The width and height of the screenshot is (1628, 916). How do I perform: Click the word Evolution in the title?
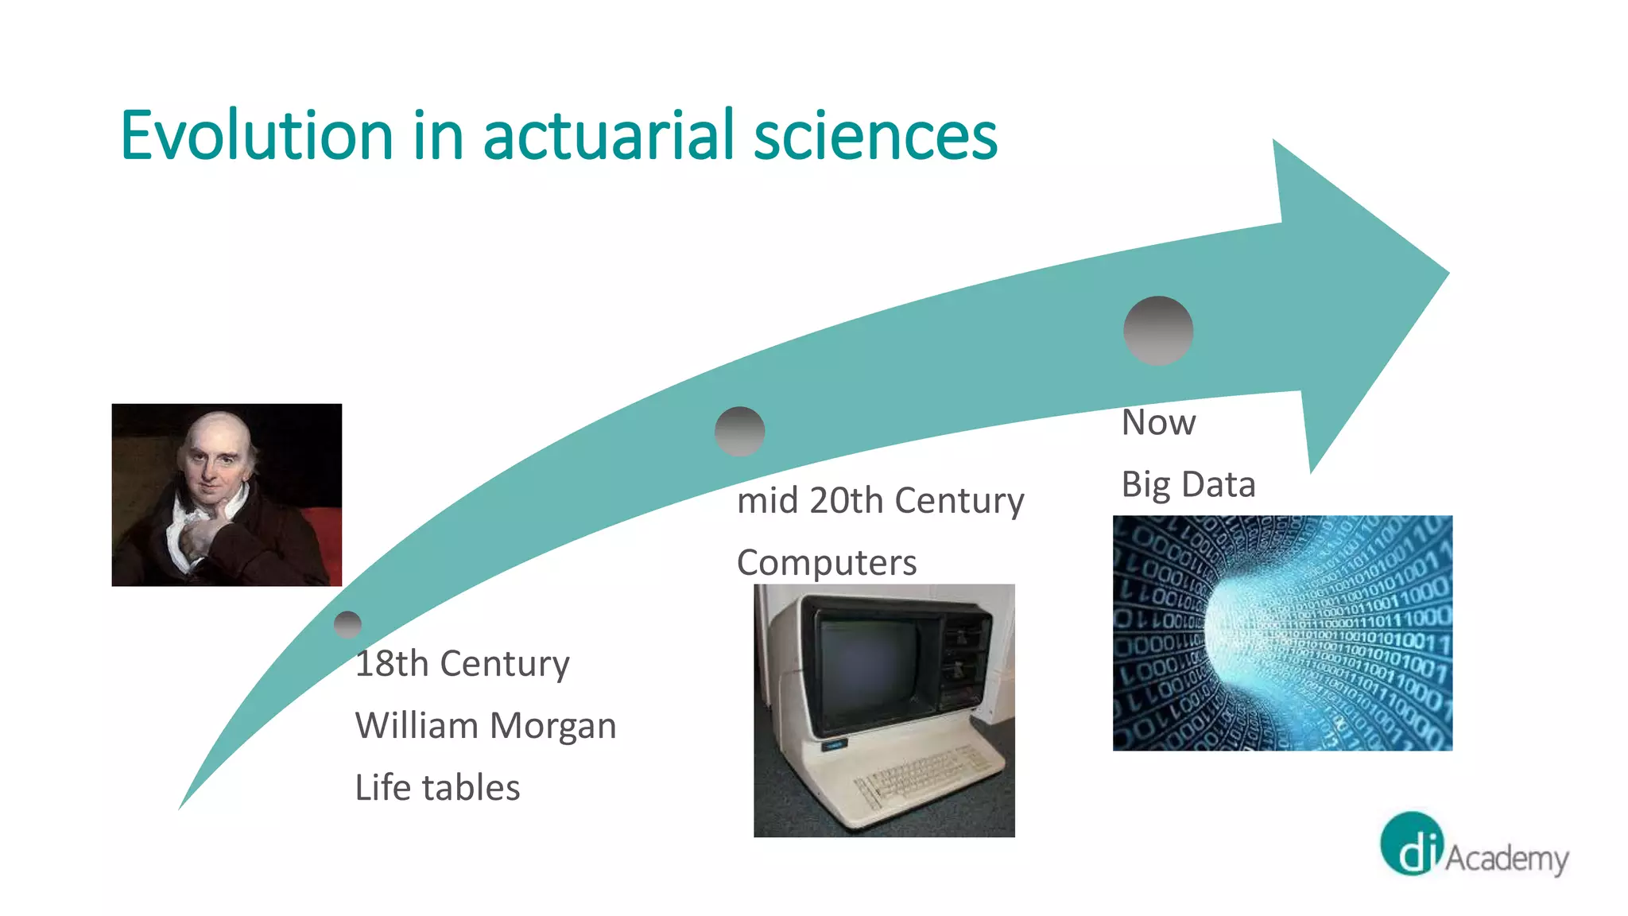(256, 136)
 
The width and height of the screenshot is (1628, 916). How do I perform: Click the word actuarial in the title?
(607, 136)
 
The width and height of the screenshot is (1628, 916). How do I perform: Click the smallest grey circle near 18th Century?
(348, 625)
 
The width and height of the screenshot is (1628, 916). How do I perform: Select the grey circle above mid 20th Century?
(739, 431)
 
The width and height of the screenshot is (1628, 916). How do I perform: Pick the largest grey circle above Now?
(1158, 331)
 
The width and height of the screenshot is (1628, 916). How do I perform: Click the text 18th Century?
(462, 663)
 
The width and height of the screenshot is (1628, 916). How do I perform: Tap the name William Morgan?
(485, 725)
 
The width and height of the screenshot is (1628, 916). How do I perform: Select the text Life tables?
(437, 787)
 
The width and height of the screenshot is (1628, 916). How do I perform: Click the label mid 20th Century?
(880, 501)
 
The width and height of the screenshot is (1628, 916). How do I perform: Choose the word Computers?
(827, 563)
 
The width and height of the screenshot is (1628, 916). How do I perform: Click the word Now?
(1158, 422)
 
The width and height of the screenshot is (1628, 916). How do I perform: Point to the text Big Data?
(1188, 484)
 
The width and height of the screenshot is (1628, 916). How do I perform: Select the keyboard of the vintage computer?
(922, 775)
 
